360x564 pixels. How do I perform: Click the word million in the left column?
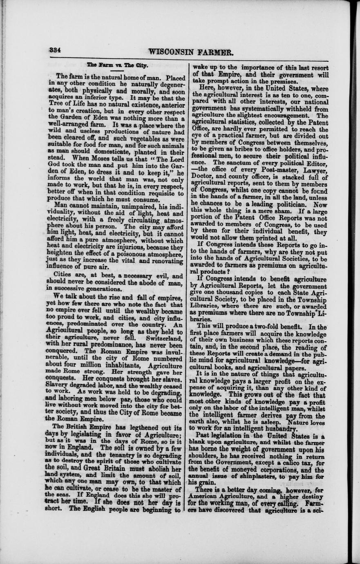[96, 362]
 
